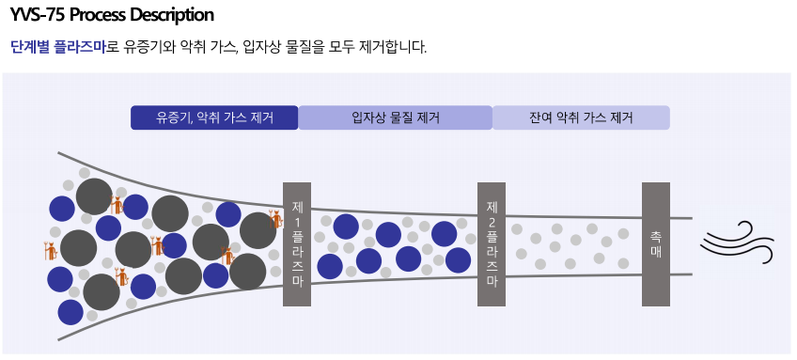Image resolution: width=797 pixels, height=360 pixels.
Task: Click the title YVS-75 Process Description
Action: click(112, 15)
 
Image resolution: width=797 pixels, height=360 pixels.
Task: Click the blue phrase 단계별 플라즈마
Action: click(58, 47)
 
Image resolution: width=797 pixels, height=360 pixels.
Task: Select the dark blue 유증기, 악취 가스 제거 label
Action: click(214, 117)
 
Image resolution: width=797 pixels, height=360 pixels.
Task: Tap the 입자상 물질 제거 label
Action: click(396, 117)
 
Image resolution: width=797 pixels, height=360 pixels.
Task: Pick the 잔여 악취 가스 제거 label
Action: click(581, 117)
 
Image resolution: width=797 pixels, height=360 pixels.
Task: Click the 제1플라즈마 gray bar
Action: click(297, 244)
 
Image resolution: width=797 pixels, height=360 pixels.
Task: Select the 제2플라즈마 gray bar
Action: click(492, 244)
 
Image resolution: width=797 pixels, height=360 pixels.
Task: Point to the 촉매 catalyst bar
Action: click(656, 244)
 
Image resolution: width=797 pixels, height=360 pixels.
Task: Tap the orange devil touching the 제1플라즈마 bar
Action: click(276, 219)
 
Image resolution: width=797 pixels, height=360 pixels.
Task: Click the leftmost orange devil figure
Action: click(51, 251)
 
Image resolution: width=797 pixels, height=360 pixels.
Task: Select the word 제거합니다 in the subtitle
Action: click(390, 47)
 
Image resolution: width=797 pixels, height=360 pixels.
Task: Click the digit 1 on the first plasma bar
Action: click(297, 223)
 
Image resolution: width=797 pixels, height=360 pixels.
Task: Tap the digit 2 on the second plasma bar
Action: click(492, 223)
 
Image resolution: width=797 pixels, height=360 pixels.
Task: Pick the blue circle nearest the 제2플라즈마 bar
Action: click(458, 259)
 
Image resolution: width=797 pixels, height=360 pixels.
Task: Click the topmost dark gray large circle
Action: click(94, 196)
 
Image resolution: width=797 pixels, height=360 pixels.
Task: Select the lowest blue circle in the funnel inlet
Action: click(70, 312)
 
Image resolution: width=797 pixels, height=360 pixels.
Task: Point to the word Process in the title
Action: click(97, 15)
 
